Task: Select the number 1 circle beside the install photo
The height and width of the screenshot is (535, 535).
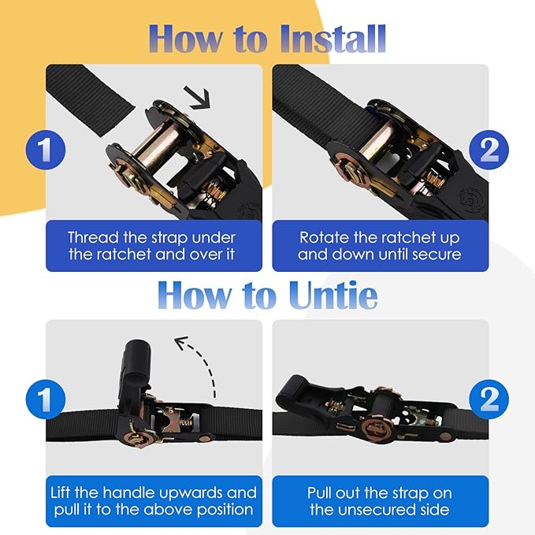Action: coord(46,150)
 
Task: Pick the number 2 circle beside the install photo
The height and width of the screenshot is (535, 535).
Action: coord(489,150)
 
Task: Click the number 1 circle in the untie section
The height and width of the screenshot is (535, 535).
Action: coord(46,399)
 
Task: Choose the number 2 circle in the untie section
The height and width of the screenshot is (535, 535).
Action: coord(489,399)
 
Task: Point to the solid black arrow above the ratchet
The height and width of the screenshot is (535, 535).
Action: coord(197,98)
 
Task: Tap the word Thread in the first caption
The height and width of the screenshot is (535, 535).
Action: coord(94,237)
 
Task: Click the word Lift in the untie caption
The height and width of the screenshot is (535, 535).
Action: coord(61,492)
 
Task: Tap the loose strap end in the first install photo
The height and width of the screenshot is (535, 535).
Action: coord(91,99)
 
